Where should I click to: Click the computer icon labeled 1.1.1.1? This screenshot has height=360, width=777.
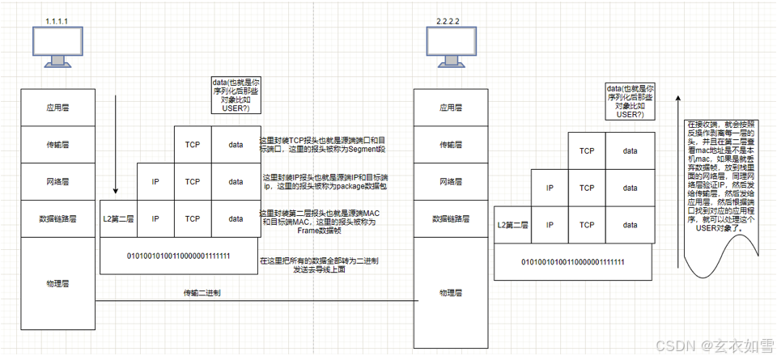tap(57, 46)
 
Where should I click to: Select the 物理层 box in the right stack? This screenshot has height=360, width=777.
tap(451, 293)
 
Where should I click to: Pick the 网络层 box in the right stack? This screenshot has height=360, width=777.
tap(451, 181)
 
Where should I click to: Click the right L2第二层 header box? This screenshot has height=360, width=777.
tap(512, 224)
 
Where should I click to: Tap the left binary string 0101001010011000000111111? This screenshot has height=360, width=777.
tap(179, 256)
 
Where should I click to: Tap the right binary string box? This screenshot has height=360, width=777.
tap(572, 262)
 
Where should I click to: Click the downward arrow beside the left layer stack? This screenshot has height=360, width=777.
tap(116, 146)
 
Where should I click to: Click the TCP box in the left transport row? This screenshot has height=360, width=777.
tap(193, 145)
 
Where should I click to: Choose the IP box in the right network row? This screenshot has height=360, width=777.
tap(550, 188)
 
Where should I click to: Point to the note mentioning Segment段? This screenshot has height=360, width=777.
tap(321, 146)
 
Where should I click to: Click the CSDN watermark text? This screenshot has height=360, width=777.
tap(712, 345)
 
